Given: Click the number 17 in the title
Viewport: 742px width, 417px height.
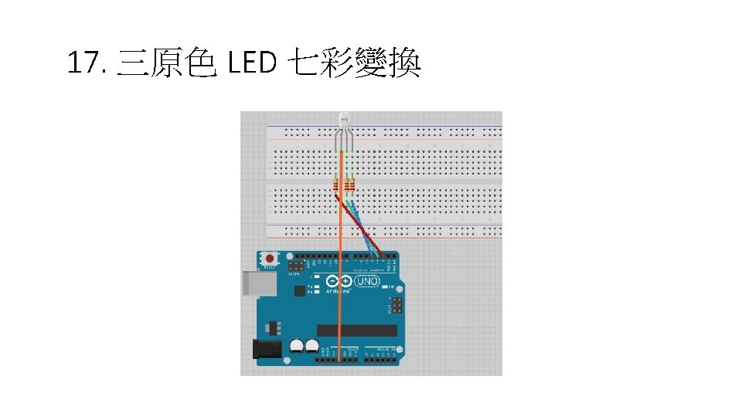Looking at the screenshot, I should (x=83, y=64).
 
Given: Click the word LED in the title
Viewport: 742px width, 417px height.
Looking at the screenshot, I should (x=253, y=64).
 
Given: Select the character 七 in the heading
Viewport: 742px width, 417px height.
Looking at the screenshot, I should (x=303, y=64).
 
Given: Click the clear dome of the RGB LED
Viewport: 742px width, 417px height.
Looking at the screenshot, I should (x=344, y=120).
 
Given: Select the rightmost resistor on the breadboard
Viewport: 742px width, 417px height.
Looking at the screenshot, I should (x=352, y=185).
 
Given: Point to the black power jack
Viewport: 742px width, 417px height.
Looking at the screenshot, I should (x=267, y=349).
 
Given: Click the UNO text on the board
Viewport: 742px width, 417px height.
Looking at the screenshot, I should (x=367, y=282).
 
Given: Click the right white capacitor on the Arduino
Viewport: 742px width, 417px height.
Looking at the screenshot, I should (x=312, y=346).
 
